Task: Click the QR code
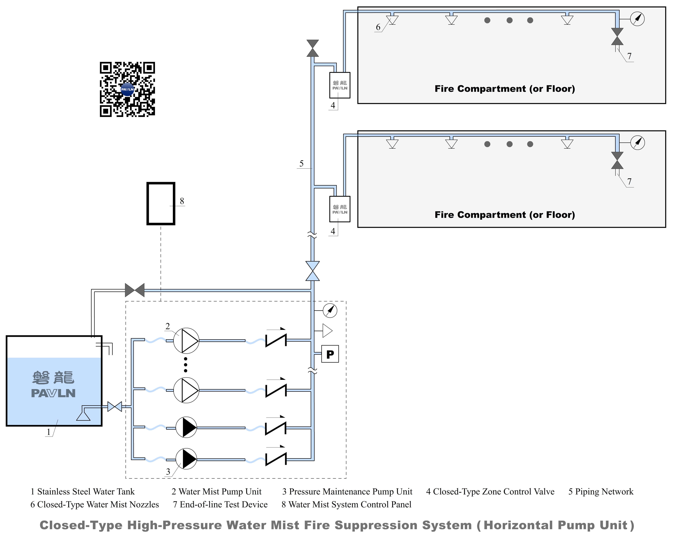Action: coord(127,89)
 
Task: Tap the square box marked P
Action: coord(330,354)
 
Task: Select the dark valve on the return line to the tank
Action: coord(135,290)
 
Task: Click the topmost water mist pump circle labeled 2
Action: coord(186,340)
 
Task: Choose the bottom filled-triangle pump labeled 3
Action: coord(186,459)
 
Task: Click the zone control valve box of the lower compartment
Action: coord(340,209)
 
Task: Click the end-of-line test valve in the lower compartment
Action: coord(617,160)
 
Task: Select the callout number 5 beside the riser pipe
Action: coord(301,163)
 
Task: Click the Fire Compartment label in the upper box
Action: coord(505,89)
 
